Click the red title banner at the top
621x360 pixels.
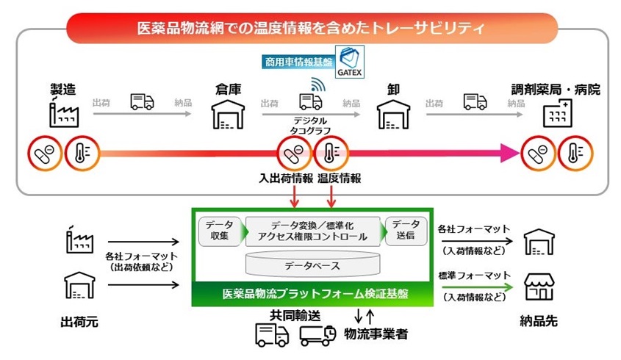[x=310, y=29]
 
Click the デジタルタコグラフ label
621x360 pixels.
[x=310, y=125]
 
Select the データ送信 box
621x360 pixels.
[x=406, y=231]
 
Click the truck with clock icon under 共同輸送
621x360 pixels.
[x=319, y=335]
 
